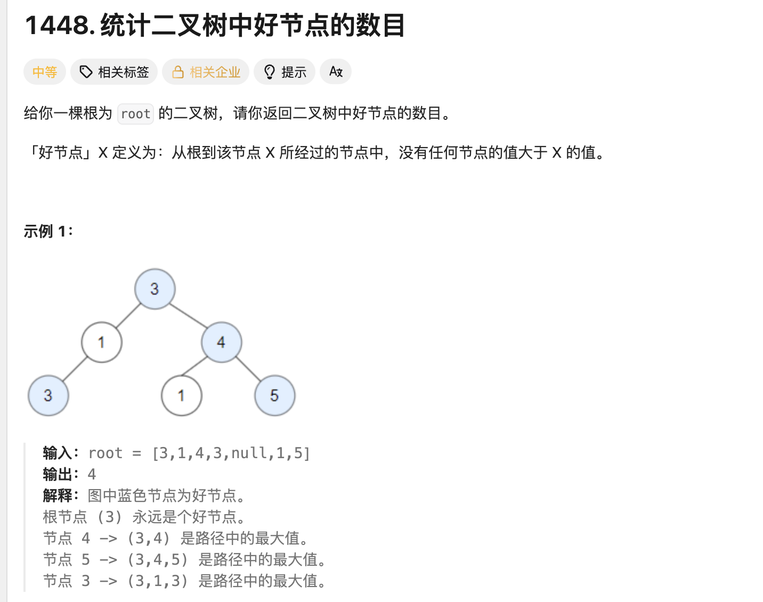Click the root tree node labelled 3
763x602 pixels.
tap(155, 289)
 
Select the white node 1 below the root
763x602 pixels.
tap(101, 342)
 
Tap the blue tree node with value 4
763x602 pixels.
tap(221, 342)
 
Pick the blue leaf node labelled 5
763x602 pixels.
tap(274, 395)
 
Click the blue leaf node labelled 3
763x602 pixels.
tap(48, 395)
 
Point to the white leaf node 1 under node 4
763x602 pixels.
tap(181, 395)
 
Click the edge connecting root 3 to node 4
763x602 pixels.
tap(188, 315)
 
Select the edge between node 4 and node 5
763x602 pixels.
tap(248, 369)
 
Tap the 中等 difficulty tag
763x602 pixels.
tap(44, 72)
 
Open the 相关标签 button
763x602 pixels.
tap(114, 72)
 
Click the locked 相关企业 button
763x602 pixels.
tap(206, 72)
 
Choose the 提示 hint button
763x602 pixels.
tap(285, 72)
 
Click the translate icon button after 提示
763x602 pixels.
tap(336, 72)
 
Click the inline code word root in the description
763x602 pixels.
tap(135, 114)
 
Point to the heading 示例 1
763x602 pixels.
tap(48, 231)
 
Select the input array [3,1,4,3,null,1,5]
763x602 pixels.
tap(231, 453)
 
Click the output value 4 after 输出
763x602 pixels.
tap(92, 474)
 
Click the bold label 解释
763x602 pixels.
tap(58, 495)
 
